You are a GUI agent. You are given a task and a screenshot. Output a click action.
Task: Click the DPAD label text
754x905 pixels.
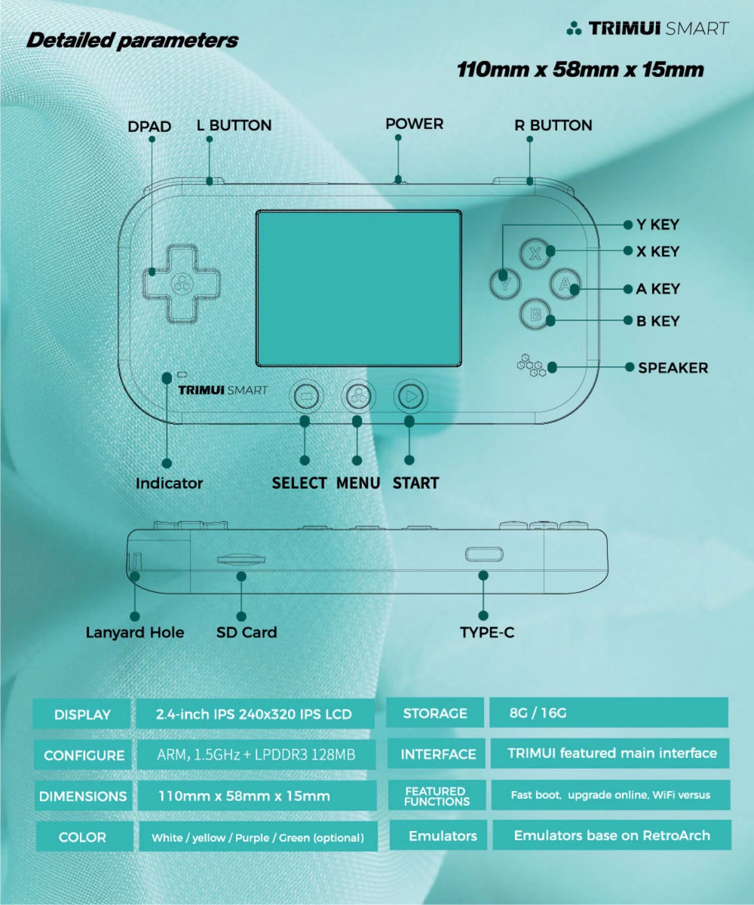[149, 126]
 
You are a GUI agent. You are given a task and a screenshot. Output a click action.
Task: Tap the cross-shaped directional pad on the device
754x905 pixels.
[181, 283]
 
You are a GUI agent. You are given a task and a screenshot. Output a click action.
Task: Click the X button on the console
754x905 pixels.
[536, 252]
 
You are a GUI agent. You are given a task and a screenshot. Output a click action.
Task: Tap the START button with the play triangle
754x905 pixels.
[410, 394]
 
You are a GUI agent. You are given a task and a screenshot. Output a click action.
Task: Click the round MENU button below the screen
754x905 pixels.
[358, 394]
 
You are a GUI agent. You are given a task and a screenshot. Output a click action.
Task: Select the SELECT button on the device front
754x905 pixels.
[305, 394]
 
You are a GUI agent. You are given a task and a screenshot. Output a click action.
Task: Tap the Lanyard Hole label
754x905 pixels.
[135, 632]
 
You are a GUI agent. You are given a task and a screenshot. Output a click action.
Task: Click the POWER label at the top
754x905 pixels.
[415, 124]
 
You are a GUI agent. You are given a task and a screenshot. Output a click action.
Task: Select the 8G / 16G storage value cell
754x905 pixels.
[608, 713]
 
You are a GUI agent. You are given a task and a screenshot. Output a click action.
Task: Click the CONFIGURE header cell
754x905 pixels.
[84, 755]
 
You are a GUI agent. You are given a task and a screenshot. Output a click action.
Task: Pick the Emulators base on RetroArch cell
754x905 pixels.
[611, 836]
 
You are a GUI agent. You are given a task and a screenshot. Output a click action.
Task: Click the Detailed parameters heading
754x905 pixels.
[132, 40]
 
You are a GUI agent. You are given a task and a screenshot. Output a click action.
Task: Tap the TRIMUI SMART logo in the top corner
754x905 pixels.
[648, 29]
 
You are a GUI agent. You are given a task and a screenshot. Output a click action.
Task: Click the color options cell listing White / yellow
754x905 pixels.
[257, 837]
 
